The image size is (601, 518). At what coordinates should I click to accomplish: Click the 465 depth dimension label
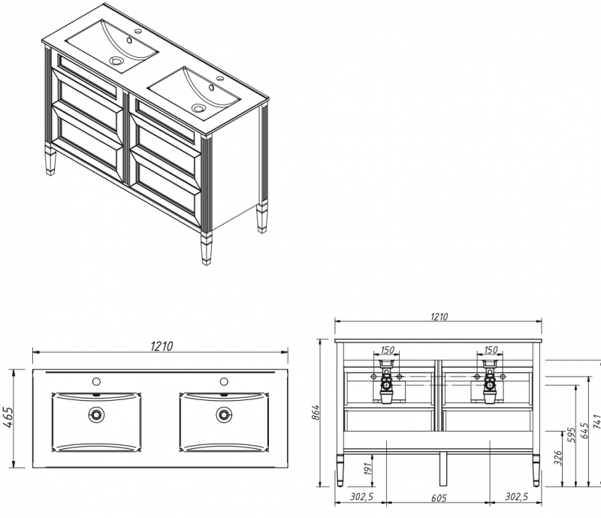pos(8,417)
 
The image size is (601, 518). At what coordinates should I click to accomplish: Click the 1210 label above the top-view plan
pos(162,346)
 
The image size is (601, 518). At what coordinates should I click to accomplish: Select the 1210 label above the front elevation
pos(439,317)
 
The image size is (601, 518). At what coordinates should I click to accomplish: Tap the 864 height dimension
pos(316,412)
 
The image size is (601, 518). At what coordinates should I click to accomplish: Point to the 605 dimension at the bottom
pos(439,498)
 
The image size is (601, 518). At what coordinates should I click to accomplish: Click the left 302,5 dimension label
pos(361,496)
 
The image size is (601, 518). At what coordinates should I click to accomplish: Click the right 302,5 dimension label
pos(516,496)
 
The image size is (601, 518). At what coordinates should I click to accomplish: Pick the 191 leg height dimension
pos(368,468)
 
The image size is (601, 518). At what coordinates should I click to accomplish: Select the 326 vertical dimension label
pos(558,458)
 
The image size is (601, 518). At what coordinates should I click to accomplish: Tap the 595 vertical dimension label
pos(572,435)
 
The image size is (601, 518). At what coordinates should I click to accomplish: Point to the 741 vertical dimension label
pos(596,421)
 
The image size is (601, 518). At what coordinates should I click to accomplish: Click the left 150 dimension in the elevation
pos(387,350)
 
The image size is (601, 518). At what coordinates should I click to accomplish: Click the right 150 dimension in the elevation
pos(491,350)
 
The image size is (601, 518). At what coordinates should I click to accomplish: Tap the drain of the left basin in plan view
pos(96,414)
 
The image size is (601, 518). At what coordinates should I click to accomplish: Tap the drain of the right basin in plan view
pos(224,414)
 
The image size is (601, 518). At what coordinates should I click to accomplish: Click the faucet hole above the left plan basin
pos(96,381)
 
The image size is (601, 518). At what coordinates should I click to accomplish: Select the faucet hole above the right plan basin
pos(224,381)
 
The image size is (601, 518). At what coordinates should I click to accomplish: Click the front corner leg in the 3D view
pos(206,248)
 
